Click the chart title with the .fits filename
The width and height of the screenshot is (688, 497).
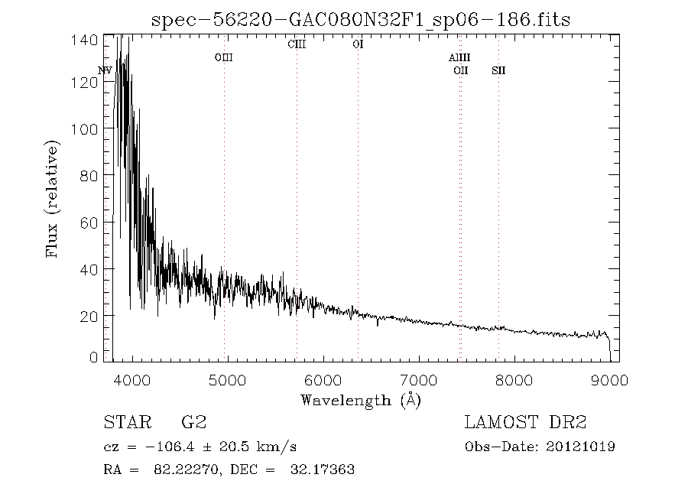click(361, 20)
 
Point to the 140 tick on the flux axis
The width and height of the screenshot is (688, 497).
click(84, 40)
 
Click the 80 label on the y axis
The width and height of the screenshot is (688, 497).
click(89, 176)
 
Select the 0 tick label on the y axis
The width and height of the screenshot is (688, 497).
click(93, 357)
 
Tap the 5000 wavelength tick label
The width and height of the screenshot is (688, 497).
click(227, 380)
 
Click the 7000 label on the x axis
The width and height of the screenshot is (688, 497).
click(419, 380)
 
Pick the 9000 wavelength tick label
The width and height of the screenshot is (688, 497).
click(609, 380)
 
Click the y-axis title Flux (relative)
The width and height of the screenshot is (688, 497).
click(52, 199)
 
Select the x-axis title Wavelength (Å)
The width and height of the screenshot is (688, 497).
click(361, 401)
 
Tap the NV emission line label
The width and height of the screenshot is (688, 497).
click(105, 70)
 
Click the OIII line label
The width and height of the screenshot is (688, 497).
click(224, 57)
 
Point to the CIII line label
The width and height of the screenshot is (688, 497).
click(297, 44)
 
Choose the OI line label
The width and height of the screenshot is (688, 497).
click(358, 44)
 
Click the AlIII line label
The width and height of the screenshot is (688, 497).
click(459, 57)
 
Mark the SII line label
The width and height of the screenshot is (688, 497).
click(498, 70)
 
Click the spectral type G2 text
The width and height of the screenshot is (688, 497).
click(194, 422)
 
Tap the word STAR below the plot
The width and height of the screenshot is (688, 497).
click(128, 422)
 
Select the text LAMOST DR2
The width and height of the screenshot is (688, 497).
click(525, 422)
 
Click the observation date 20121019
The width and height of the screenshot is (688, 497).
click(580, 447)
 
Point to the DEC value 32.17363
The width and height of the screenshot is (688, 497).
click(323, 469)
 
